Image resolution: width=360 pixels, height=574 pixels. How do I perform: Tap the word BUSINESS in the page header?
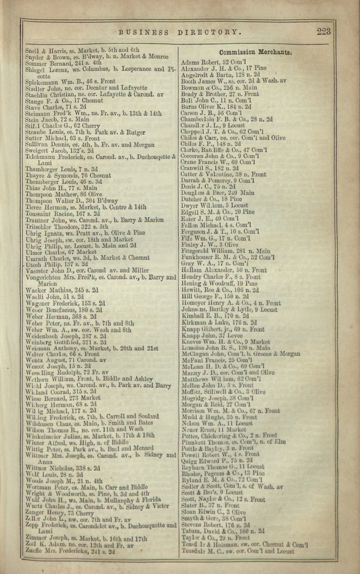pos(143,33)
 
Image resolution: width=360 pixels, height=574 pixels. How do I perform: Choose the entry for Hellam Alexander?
pos(223,270)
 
